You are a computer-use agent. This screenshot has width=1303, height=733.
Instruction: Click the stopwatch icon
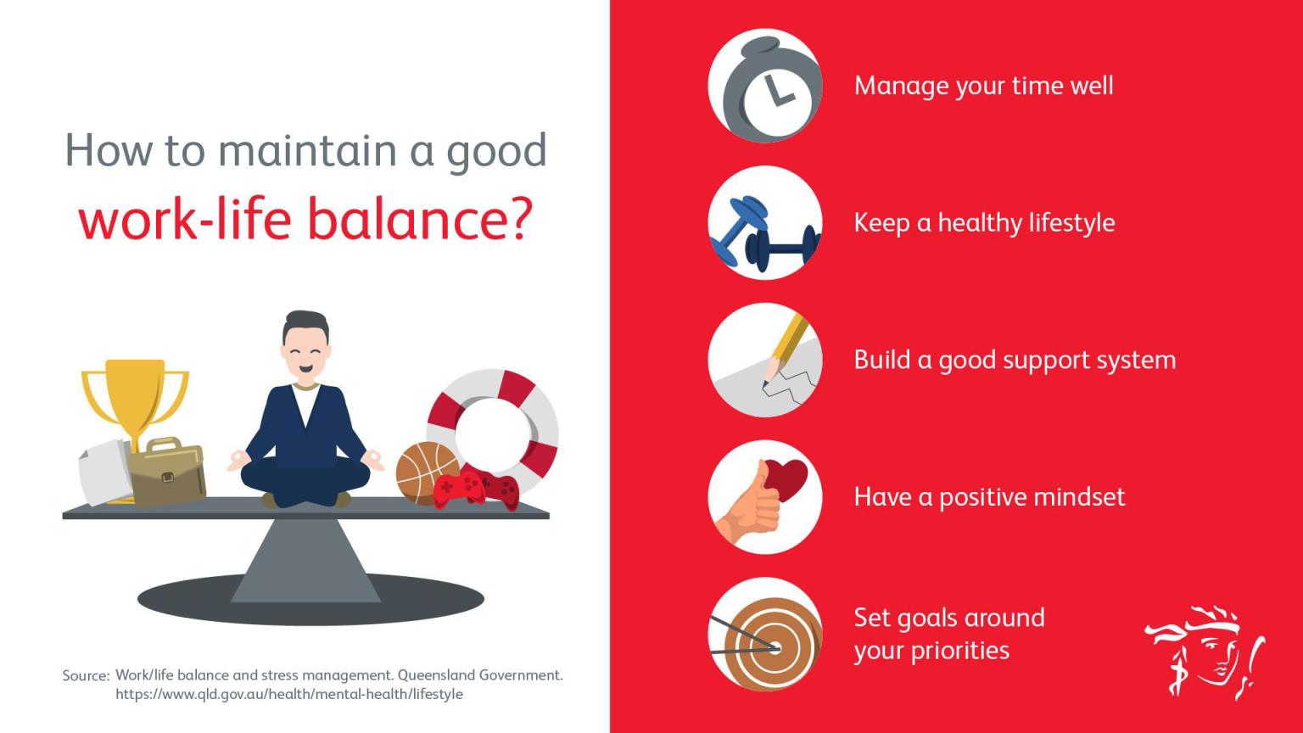[x=765, y=86]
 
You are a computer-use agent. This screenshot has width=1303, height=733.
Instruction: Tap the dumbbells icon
[x=765, y=223]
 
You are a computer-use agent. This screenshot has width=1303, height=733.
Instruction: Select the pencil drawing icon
[x=765, y=360]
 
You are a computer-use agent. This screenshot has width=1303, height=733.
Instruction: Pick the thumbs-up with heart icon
[x=765, y=497]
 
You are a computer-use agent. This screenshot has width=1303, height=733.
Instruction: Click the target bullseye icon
[x=765, y=634]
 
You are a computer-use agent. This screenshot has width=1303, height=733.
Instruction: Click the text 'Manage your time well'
[x=984, y=86]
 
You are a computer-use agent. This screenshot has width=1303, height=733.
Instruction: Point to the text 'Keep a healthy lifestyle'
[x=984, y=223]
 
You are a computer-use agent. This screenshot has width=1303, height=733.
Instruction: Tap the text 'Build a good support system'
[x=1015, y=361]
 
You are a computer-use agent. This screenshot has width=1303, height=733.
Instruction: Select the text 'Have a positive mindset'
[x=989, y=497]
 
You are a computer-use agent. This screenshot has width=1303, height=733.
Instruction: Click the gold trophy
[x=135, y=401]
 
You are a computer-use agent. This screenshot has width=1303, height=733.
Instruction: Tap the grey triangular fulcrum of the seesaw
[x=306, y=560]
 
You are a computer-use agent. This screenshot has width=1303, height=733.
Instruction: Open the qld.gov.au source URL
[x=289, y=695]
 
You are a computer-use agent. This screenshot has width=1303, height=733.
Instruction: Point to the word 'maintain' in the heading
[x=307, y=150]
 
